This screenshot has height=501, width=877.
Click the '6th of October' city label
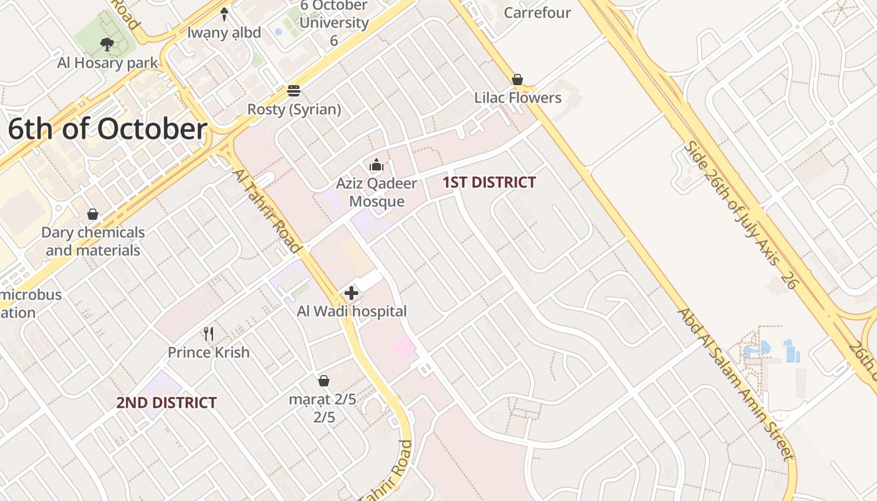[x=107, y=130]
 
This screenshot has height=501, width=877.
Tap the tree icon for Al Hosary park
[x=107, y=44]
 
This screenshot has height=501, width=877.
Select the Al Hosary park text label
[x=108, y=63]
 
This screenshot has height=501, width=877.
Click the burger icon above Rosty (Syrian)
[x=294, y=91]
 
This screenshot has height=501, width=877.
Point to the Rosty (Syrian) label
[x=294, y=110]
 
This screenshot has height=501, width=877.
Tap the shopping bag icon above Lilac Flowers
[x=517, y=80]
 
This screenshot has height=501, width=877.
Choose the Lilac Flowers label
[x=517, y=98]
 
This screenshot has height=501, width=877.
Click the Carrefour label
[x=537, y=13]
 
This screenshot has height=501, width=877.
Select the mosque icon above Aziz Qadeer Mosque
[x=376, y=165]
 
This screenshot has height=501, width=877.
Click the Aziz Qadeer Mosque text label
[x=376, y=192]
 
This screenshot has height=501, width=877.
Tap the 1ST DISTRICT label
[x=489, y=183]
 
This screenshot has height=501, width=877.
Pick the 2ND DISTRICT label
[x=167, y=403]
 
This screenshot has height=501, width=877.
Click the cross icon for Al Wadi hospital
[x=351, y=292]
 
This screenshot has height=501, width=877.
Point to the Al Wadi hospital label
[x=351, y=311]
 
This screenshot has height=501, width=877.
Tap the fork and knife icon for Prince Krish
[x=209, y=334]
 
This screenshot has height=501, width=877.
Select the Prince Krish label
[x=209, y=353]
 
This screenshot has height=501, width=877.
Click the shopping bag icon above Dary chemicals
[x=93, y=214]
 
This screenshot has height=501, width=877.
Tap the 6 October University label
[x=333, y=23]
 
